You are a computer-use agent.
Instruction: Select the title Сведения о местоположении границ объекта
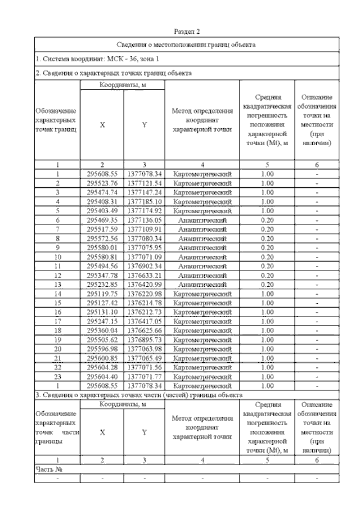(186, 44)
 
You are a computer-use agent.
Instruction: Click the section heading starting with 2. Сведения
(114, 73)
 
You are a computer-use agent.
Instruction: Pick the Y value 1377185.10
(145, 201)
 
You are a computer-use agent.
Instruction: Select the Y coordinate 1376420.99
(145, 284)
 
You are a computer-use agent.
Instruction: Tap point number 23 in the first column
(57, 376)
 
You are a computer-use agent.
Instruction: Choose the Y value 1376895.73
(145, 339)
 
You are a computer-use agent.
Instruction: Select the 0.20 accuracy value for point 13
(268, 284)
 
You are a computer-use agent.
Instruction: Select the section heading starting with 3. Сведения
(135, 394)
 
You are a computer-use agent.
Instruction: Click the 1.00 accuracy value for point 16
(268, 312)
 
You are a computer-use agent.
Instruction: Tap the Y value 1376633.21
(145, 275)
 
